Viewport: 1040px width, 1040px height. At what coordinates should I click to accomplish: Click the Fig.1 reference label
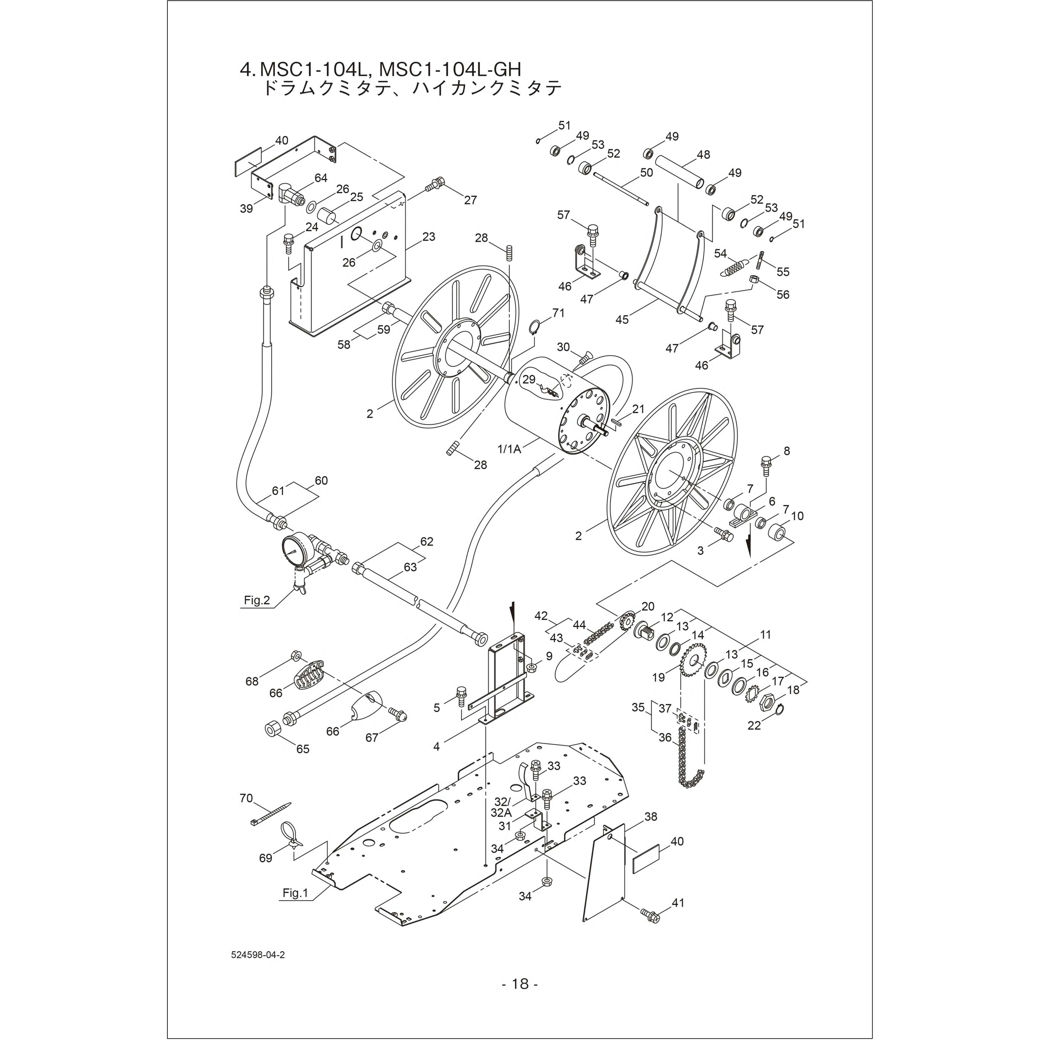(295, 894)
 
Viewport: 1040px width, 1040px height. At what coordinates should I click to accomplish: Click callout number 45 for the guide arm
(622, 320)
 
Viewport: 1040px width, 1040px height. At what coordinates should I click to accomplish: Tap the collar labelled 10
(776, 535)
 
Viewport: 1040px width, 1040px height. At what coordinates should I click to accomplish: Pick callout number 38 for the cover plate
(651, 817)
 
